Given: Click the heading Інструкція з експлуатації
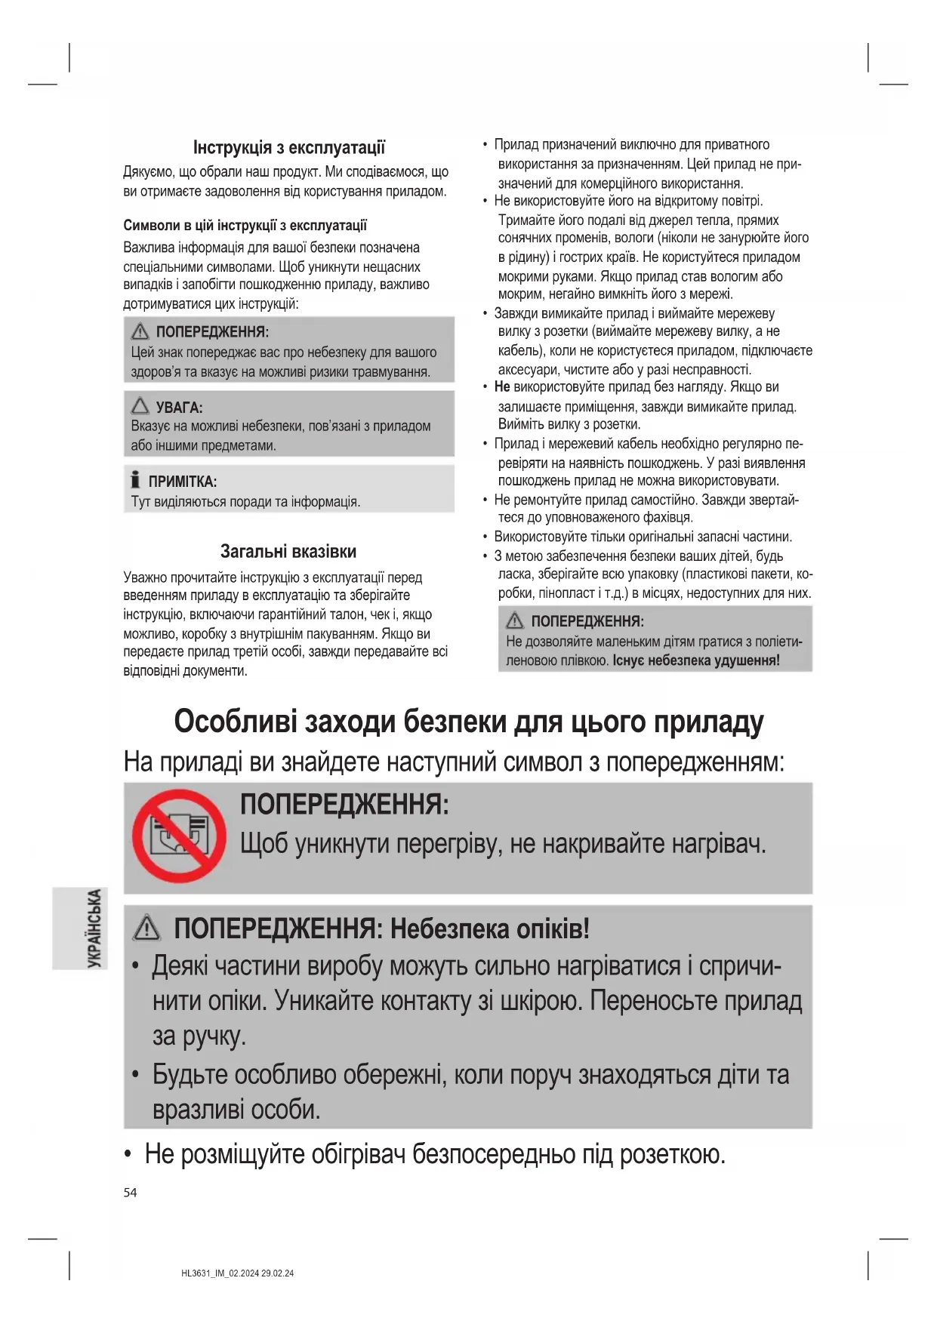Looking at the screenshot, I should (x=288, y=147).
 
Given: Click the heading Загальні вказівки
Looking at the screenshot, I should (x=288, y=551).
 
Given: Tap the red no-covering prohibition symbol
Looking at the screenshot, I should (x=179, y=836).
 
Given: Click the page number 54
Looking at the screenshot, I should (x=130, y=1193).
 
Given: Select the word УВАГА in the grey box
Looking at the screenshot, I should (x=179, y=408).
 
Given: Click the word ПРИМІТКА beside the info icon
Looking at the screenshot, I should (x=182, y=482).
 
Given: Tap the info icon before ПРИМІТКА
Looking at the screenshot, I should (x=135, y=479).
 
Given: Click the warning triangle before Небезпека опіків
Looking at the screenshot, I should (x=146, y=928).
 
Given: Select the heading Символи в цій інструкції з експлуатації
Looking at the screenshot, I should (x=245, y=225).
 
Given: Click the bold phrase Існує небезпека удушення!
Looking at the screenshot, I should (x=695, y=660).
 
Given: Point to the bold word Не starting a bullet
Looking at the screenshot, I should (x=502, y=387).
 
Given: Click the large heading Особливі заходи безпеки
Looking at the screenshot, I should (x=468, y=722).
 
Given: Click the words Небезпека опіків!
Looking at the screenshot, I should (x=489, y=928).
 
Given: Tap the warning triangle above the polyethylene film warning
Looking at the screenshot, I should (x=515, y=620).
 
